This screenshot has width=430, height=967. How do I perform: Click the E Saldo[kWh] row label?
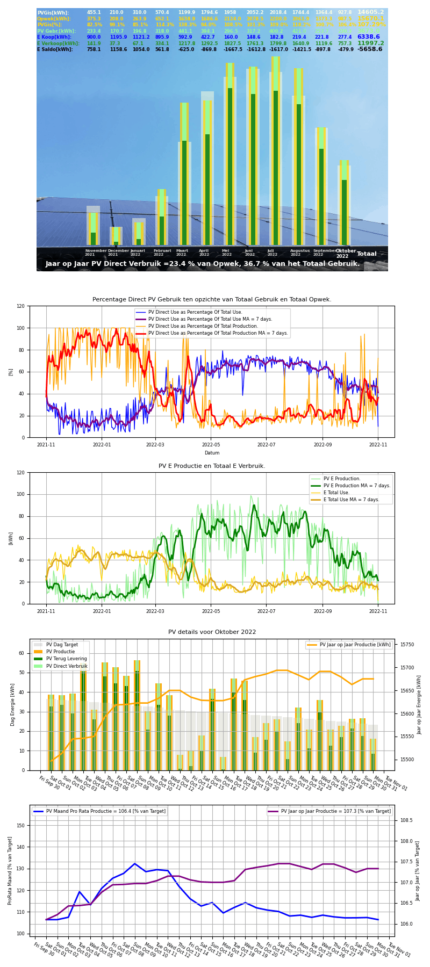pyautogui.click(x=55, y=49)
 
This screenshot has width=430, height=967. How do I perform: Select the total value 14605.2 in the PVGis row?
pyautogui.click(x=370, y=12)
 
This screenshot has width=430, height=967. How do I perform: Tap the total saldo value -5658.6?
pyautogui.click(x=370, y=49)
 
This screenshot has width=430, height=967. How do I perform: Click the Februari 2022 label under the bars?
pyautogui.click(x=162, y=252)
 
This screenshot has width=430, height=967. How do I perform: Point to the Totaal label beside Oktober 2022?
pyautogui.click(x=367, y=254)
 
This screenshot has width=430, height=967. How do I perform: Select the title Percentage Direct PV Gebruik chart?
pyautogui.click(x=212, y=300)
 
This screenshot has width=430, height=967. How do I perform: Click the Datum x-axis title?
pyautogui.click(x=212, y=453)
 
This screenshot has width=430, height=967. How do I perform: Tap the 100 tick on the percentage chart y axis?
pyautogui.click(x=20, y=328)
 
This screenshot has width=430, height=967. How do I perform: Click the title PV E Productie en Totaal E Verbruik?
pyautogui.click(x=212, y=466)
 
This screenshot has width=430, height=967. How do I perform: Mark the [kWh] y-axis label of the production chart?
pyautogui.click(x=11, y=538)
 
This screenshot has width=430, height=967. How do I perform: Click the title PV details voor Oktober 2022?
pyautogui.click(x=212, y=632)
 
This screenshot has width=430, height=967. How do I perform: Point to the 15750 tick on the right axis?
pyautogui.click(x=406, y=645)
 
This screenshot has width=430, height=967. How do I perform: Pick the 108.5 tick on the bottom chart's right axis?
pyautogui.click(x=406, y=820)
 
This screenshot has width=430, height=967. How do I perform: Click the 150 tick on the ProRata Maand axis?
pyautogui.click(x=20, y=825)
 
